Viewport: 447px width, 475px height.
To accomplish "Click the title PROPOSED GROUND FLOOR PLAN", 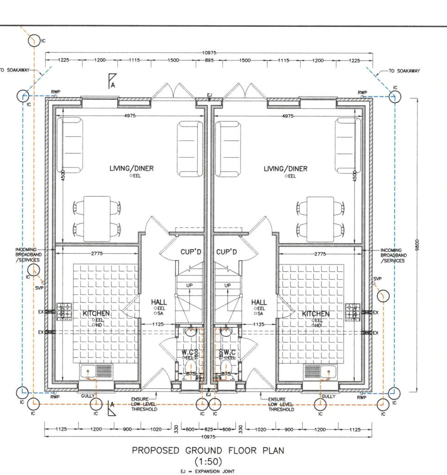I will coord(208,450).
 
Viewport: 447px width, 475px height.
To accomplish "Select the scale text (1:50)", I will coord(208,462).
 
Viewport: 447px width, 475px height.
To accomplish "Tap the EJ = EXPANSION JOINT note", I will coord(208,471).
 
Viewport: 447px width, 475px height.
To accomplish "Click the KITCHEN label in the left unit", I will coord(96,314).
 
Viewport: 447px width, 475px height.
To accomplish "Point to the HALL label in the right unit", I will coord(259,302).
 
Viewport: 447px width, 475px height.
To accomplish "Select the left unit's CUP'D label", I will coord(191,252).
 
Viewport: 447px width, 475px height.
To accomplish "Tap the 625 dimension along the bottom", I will coord(208,430).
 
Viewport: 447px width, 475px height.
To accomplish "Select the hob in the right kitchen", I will coord(353,311).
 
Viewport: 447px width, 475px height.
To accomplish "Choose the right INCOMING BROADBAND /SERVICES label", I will coord(393,255).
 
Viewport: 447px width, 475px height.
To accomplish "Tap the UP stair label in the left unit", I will coord(189,285).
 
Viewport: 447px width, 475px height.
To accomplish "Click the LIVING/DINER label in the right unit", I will coord(285,169).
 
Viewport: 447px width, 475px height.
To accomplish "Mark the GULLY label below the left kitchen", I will coord(88,396).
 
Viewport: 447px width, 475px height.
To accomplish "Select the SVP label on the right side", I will coord(377,279).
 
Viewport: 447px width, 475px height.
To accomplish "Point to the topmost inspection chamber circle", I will coord(34,41).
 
